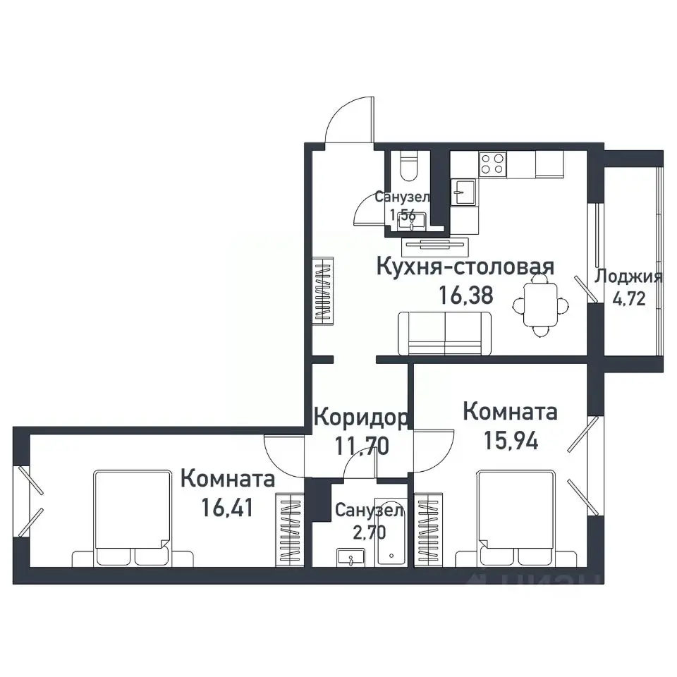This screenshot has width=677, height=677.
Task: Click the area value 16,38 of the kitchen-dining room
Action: point(465,295)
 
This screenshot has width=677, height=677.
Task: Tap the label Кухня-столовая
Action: point(465,267)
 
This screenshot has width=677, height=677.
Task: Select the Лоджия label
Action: point(628,276)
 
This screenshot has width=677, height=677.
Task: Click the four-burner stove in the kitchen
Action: point(493,164)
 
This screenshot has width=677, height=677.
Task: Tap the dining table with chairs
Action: point(541,304)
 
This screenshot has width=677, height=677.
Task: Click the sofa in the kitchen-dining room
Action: point(444,333)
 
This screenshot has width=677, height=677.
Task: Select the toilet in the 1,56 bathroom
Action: point(408,166)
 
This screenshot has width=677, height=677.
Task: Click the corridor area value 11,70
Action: point(360,445)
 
